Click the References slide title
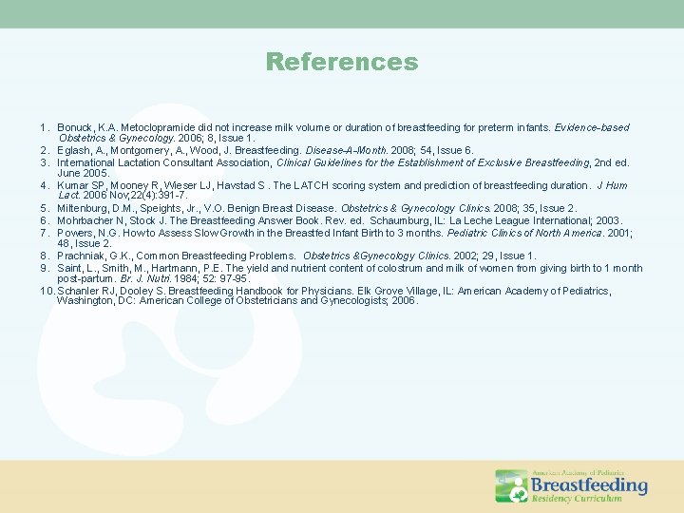[342, 63]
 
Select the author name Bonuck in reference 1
[74, 127]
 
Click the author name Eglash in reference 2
[72, 150]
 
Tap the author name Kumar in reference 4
[72, 185]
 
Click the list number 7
[44, 233]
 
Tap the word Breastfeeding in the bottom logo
[588, 485]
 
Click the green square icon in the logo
[511, 485]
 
